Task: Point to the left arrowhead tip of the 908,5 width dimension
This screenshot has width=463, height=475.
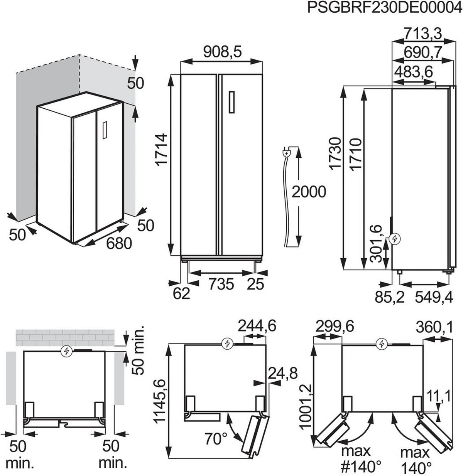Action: click(181, 62)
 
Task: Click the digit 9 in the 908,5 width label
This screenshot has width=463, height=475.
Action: click(208, 52)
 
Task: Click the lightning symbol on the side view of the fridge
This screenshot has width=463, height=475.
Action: click(394, 239)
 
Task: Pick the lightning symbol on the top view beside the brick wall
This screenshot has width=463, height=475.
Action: click(66, 351)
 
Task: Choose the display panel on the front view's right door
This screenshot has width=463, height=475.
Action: click(232, 102)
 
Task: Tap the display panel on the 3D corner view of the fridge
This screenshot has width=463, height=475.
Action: click(105, 130)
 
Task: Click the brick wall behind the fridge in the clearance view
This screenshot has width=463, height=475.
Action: click(65, 338)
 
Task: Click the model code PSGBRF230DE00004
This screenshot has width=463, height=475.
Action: click(384, 8)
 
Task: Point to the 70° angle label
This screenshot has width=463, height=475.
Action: click(216, 439)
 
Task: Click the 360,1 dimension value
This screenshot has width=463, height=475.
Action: click(434, 327)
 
